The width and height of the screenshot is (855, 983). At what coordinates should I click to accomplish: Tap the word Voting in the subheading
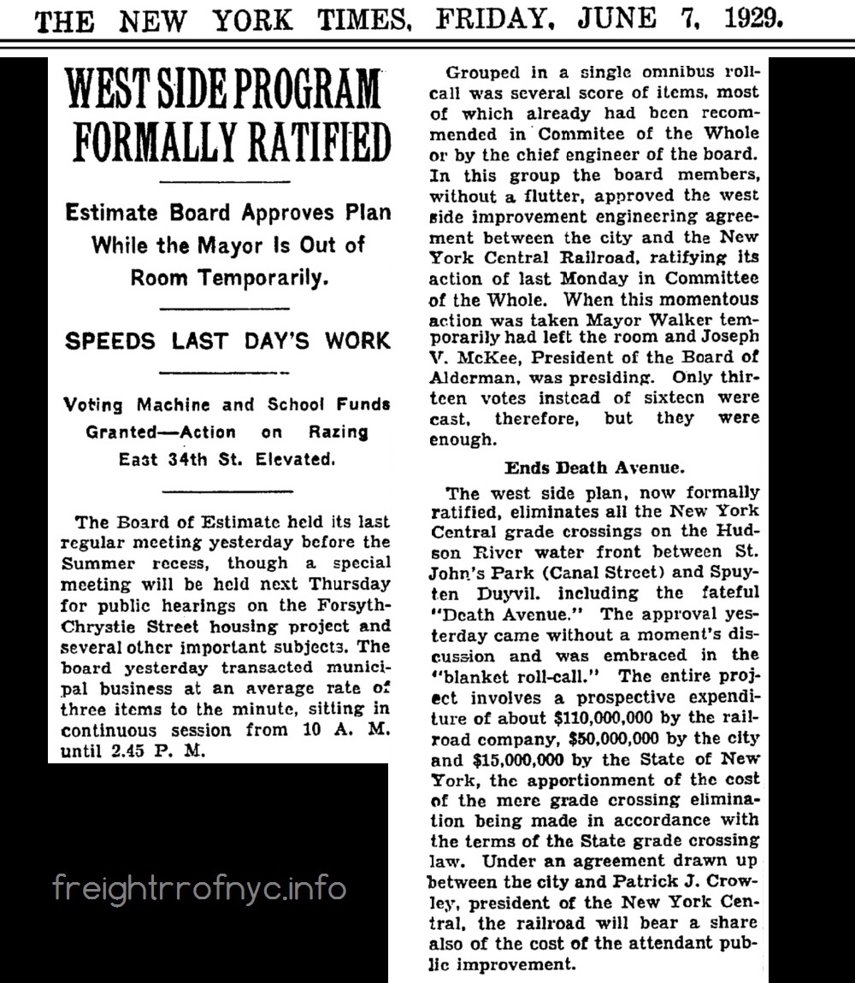click(x=93, y=404)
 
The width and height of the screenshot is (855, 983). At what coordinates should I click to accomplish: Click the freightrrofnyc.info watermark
click(x=200, y=888)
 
